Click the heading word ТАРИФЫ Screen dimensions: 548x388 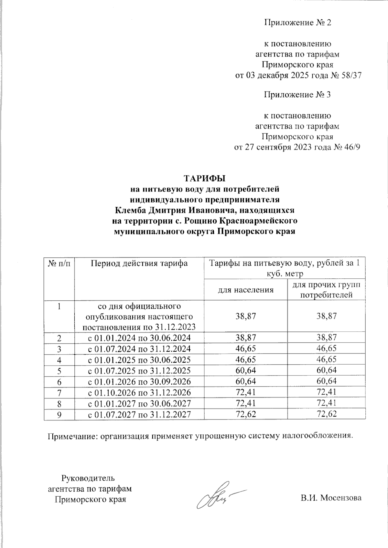coord(204,178)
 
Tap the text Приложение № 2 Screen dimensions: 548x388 coord(297,23)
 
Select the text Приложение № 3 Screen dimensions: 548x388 coord(297,95)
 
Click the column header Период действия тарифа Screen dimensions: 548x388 coord(139,263)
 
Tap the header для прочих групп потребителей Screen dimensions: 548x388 coord(326,290)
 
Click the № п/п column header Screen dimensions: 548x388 coord(59,263)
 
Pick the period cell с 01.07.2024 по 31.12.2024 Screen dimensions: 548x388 coord(139,349)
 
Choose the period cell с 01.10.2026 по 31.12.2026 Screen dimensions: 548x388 coord(139,392)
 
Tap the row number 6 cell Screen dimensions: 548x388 coord(59,381)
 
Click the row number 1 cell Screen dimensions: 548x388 coord(59,306)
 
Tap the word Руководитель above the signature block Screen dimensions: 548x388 coord(88,478)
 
